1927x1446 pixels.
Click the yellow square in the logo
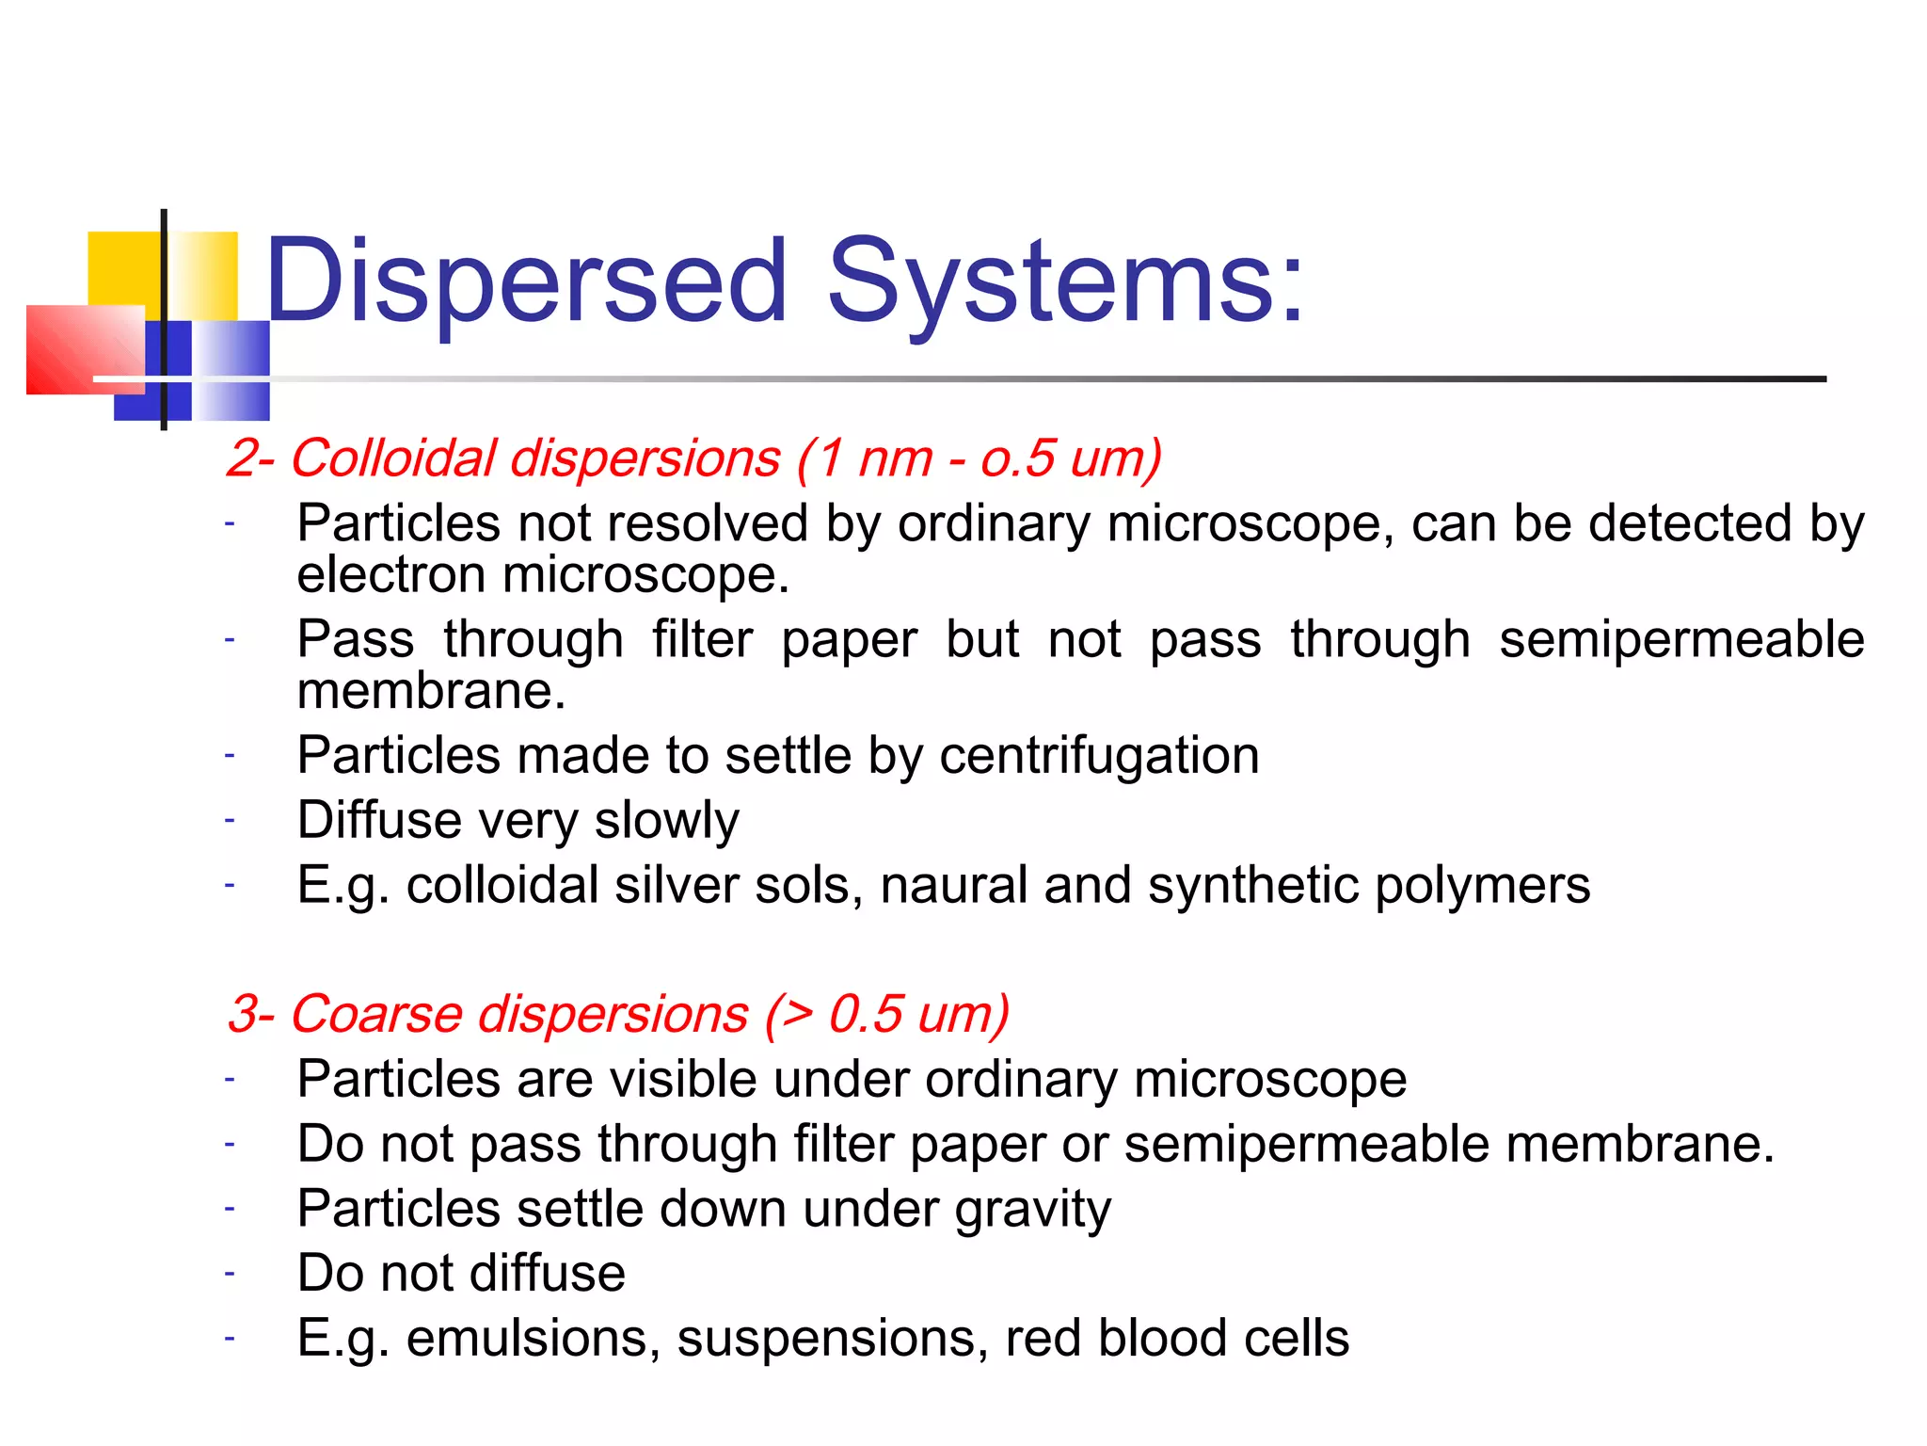122,268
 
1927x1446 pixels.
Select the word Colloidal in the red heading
393,458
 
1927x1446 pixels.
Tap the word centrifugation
1099,755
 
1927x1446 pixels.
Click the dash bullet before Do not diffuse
230,1274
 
